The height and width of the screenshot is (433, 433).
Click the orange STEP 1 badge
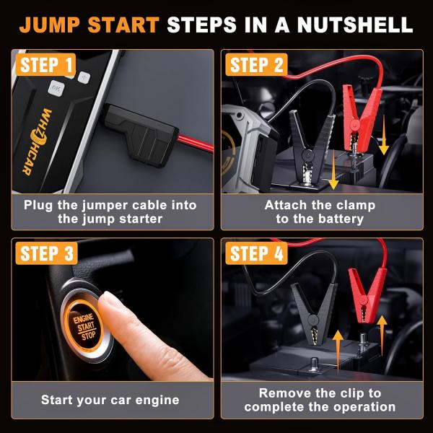click(x=45, y=64)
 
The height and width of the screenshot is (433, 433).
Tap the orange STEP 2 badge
click(x=256, y=64)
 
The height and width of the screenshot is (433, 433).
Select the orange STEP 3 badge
click(x=46, y=253)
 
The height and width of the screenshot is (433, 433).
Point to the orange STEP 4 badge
click(x=256, y=253)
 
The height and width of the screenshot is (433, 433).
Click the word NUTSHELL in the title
click(x=355, y=25)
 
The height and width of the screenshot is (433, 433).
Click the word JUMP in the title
click(x=50, y=25)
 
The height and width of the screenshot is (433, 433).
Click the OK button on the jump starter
click(x=56, y=88)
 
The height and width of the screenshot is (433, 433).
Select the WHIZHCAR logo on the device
click(x=37, y=141)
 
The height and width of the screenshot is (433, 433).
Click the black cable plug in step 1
click(x=141, y=135)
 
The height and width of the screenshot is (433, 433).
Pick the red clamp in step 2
click(x=359, y=119)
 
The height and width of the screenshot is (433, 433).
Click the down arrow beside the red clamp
click(x=384, y=135)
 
